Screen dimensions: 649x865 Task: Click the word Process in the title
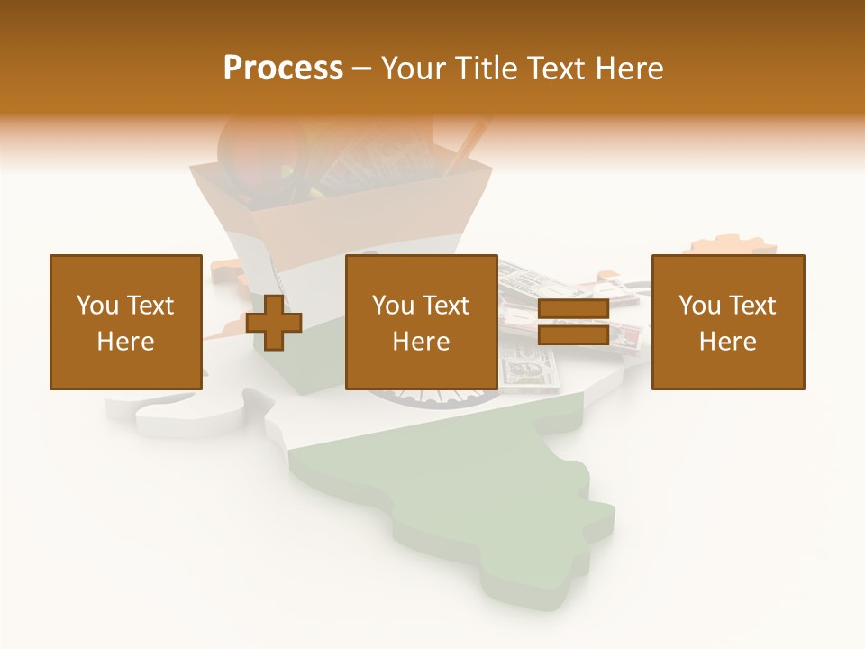(283, 69)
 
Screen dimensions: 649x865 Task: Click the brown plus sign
(274, 323)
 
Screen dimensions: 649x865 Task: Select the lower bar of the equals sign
(573, 335)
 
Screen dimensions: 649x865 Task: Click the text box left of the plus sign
(125, 322)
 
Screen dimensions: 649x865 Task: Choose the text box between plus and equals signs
(421, 322)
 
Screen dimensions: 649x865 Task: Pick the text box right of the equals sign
(727, 322)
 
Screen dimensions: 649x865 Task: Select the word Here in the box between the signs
(421, 342)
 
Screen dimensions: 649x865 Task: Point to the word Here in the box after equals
(727, 342)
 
